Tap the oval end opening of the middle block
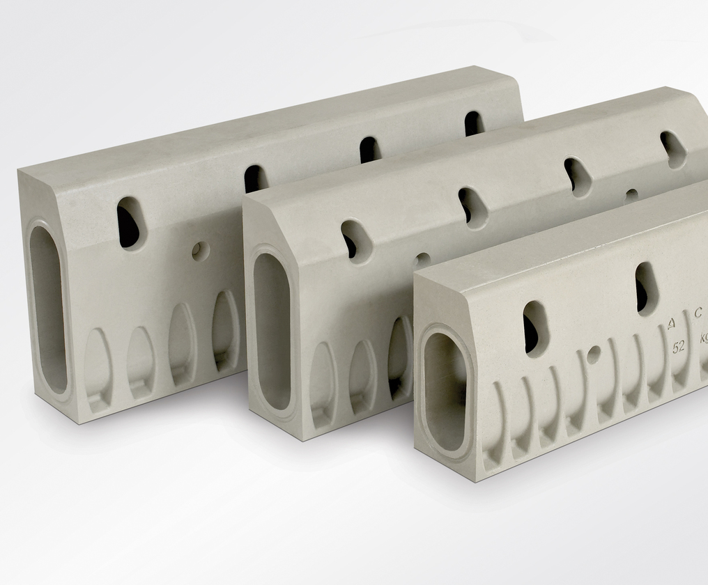(x=272, y=330)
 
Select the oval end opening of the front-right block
(x=445, y=391)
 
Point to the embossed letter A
(x=670, y=322)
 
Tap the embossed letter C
(x=697, y=313)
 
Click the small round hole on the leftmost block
(x=200, y=251)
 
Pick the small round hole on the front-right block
(x=593, y=354)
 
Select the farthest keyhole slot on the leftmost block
(x=474, y=123)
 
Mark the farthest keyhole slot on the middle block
(x=673, y=148)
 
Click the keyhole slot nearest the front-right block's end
(x=535, y=328)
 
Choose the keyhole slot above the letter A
(x=645, y=288)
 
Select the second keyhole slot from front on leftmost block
(x=254, y=179)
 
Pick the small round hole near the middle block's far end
(x=631, y=196)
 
